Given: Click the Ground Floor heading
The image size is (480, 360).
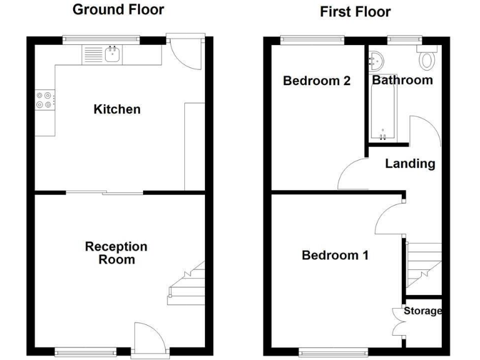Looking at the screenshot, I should [118, 9].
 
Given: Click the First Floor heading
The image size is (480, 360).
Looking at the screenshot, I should [355, 11].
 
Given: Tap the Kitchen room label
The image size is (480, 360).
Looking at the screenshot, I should [117, 109].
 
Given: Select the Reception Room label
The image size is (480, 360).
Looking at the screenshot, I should [116, 252].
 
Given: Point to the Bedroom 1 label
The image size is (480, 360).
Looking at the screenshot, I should [335, 255].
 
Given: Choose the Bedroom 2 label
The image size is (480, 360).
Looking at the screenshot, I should [316, 81].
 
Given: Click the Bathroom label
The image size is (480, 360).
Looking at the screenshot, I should [402, 80].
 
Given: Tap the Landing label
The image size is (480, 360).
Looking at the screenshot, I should [410, 164].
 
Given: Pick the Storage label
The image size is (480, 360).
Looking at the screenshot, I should [422, 311].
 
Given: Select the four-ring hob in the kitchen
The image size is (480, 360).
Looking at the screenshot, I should [44, 100].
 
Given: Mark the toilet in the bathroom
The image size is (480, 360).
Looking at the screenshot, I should [427, 60].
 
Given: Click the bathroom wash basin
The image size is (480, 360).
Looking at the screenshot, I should [377, 59].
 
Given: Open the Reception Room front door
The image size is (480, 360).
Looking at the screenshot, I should [149, 341].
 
